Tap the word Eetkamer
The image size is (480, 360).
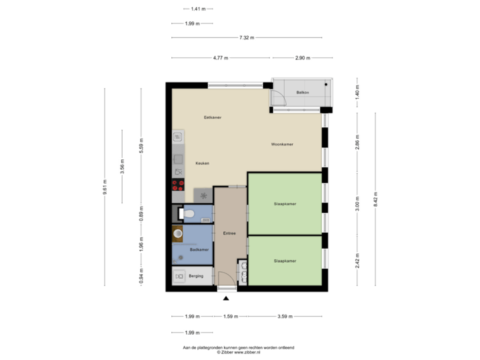[213, 117]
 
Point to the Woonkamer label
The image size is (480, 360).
[283, 144]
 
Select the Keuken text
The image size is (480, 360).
[203, 163]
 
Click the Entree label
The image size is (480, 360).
[229, 233]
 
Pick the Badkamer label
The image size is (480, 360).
[199, 249]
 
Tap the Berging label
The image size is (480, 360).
[197, 275]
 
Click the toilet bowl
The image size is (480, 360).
[188, 214]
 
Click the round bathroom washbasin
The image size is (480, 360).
[178, 233]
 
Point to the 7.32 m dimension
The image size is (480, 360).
[247, 38]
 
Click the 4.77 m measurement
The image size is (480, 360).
[221, 58]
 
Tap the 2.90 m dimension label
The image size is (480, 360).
[303, 58]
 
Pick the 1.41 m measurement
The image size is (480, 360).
[197, 9]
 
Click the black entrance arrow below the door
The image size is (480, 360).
[226, 298]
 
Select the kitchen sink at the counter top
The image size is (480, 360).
[178, 137]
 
